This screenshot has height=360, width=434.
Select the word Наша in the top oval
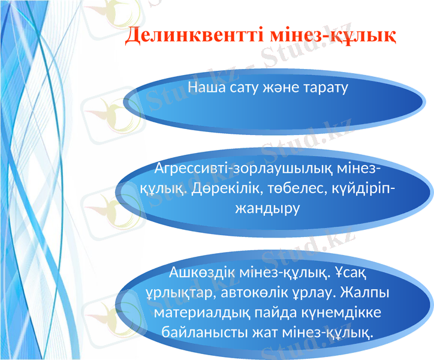207,88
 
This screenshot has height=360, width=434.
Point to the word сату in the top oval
246,88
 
